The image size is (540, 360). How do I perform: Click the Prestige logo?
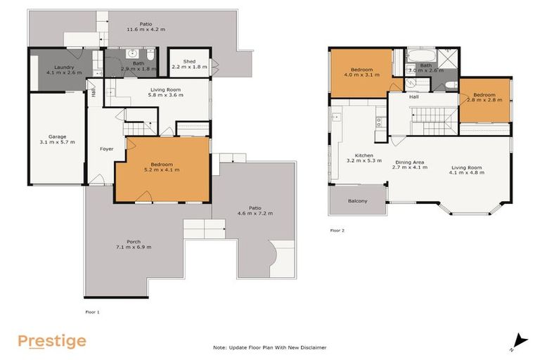click(x=52, y=342)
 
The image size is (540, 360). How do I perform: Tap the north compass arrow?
click(x=518, y=340)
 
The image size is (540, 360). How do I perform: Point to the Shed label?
click(x=190, y=60)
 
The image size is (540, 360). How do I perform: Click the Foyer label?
click(x=106, y=149)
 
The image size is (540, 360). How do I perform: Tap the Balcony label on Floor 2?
click(x=358, y=201)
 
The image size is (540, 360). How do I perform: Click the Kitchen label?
click(x=364, y=155)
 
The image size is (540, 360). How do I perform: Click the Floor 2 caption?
click(x=337, y=230)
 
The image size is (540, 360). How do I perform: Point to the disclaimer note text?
click(x=270, y=347)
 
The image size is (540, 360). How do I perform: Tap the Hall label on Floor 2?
click(x=414, y=97)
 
